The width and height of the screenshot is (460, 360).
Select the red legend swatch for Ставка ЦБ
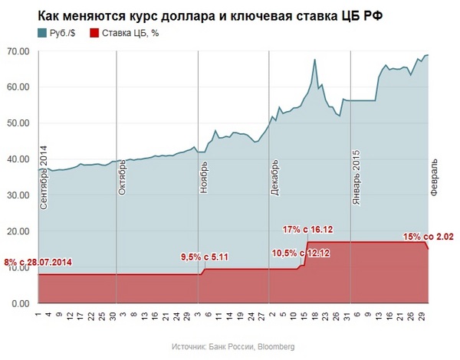pos(95,32)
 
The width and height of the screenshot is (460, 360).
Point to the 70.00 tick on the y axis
pos(18,51)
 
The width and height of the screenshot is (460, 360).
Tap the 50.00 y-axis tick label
pos(18,123)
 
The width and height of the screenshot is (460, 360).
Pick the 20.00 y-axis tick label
pos(18,231)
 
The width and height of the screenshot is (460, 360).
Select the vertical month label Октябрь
pos(123,177)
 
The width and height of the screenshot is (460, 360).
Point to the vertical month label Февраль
pos(433,179)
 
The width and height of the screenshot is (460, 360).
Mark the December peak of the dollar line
pos(315,60)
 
